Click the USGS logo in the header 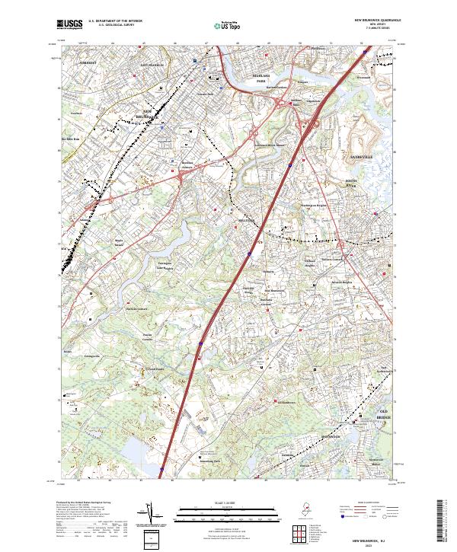tap(70, 25)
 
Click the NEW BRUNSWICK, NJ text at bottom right tap(373, 538)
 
